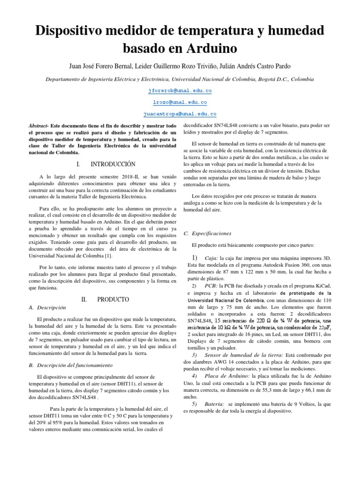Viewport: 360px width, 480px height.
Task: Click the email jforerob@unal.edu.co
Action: pyautogui.click(x=180, y=90)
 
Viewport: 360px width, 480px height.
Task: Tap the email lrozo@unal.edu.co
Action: pyautogui.click(x=180, y=102)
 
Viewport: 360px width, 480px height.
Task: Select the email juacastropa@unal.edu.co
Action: pyautogui.click(x=180, y=114)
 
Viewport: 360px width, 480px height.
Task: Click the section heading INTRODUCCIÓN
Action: pyautogui.click(x=113, y=164)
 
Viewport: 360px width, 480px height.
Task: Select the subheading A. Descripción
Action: pyautogui.click(x=47, y=307)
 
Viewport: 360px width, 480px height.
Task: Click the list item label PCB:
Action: pyautogui.click(x=211, y=285)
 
